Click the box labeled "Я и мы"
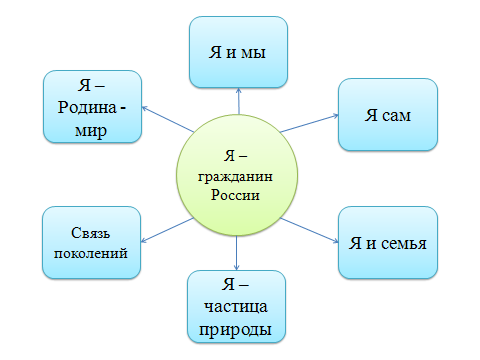coord(238,52)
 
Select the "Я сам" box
coord(388,115)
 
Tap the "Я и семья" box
coord(388,243)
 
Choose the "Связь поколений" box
coord(91,243)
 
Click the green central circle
coord(237,175)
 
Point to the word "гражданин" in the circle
coord(235,177)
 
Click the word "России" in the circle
coord(235,195)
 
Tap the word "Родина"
coord(87,108)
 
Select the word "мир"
coord(91,131)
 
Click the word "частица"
coord(236,307)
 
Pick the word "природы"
coord(235,330)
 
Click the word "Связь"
coord(90,233)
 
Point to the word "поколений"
coord(91,253)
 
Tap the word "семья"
coord(404,244)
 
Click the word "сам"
coord(396,116)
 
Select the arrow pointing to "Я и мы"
coord(239,101)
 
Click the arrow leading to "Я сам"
coord(309,123)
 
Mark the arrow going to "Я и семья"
coord(309,230)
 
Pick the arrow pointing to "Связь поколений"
coord(167,230)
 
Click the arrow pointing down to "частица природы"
coord(236,253)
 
